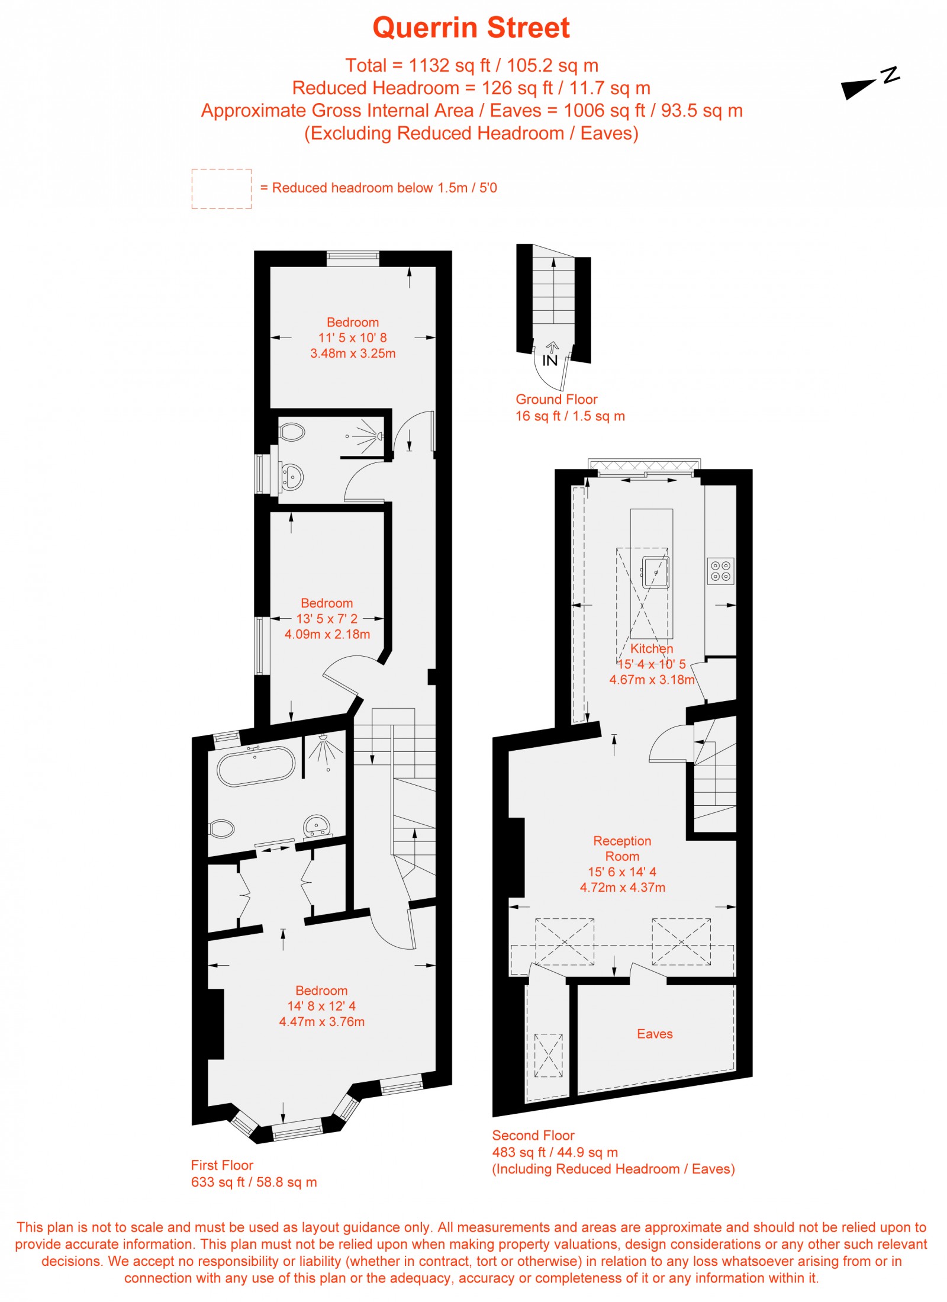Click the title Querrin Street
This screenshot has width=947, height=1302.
[x=471, y=28]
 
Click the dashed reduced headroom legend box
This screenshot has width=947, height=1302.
[x=221, y=189]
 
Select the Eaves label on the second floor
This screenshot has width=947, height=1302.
[x=655, y=1034]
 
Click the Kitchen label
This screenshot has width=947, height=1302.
[x=651, y=648]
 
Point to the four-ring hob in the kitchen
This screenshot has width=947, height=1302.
[x=720, y=571]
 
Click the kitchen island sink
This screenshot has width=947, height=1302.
[x=656, y=572]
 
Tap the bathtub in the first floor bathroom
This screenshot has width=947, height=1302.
[x=256, y=767]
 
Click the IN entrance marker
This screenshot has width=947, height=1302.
[x=550, y=360]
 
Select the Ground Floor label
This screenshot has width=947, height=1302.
[x=556, y=399]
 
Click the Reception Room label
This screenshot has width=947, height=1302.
[x=622, y=848]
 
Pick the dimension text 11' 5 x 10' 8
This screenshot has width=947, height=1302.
[x=353, y=337]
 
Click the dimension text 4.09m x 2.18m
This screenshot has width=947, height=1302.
[x=327, y=634]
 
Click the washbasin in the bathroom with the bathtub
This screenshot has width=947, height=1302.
[x=317, y=825]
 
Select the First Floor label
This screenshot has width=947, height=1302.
[x=222, y=1165]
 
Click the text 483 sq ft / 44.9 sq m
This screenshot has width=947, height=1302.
[x=555, y=1152]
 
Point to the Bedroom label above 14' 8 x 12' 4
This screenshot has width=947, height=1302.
[x=321, y=991]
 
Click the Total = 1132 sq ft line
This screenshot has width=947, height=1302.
[x=471, y=65]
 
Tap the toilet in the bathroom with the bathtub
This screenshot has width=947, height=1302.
[x=222, y=828]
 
